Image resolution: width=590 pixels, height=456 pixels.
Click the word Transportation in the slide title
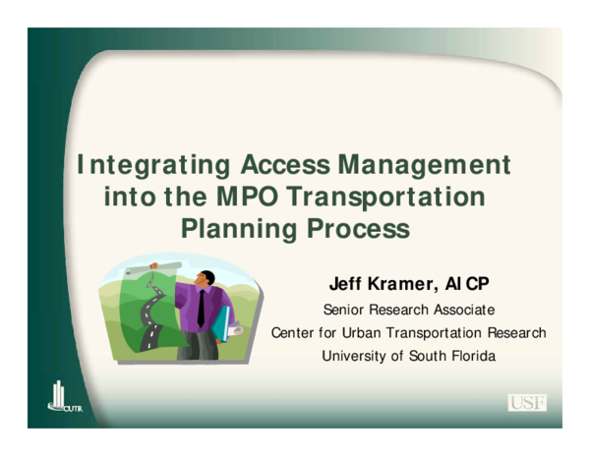click(383, 198)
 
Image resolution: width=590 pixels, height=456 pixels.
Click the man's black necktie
click(201, 309)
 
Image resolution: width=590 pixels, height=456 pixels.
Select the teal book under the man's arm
click(222, 325)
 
